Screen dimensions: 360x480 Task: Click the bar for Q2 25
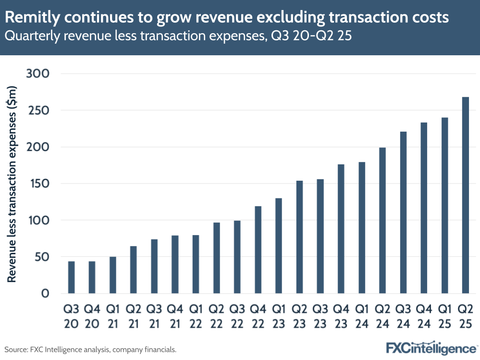[465, 195]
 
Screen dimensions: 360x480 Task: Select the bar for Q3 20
[71, 277]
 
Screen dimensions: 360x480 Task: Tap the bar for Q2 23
[299, 237]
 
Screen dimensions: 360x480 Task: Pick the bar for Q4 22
[258, 249]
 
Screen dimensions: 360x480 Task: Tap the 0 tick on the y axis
[45, 294]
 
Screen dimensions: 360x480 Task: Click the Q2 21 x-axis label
[133, 315]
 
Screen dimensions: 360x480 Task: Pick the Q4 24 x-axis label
[424, 315]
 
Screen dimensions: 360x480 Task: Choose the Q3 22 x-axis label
[237, 315]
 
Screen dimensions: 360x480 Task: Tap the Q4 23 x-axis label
[341, 315]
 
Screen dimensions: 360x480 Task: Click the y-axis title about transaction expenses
[12, 184]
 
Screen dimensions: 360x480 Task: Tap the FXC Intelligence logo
[431, 348]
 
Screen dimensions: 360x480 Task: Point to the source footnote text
[90, 349]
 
